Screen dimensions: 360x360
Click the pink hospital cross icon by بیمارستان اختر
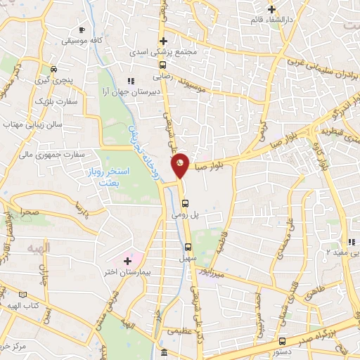coord(127,261)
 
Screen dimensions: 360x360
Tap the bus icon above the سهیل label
coord(188,247)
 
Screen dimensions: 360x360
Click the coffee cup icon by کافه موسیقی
coord(82,30)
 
